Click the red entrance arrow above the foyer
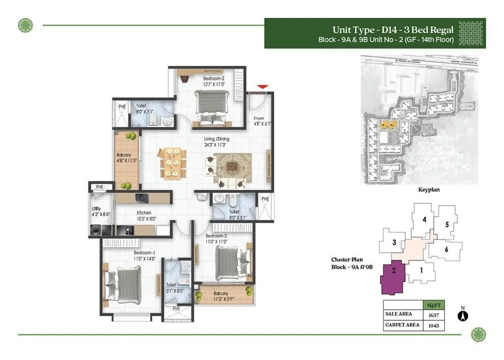(x=262, y=88)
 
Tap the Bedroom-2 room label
(x=214, y=79)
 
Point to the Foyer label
(x=259, y=118)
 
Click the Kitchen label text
(x=143, y=213)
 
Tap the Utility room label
(x=96, y=209)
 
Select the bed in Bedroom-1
(x=123, y=284)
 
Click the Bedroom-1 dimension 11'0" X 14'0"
(x=143, y=258)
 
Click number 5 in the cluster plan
(x=447, y=225)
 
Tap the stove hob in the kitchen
(x=141, y=198)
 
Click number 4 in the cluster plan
(x=425, y=219)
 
